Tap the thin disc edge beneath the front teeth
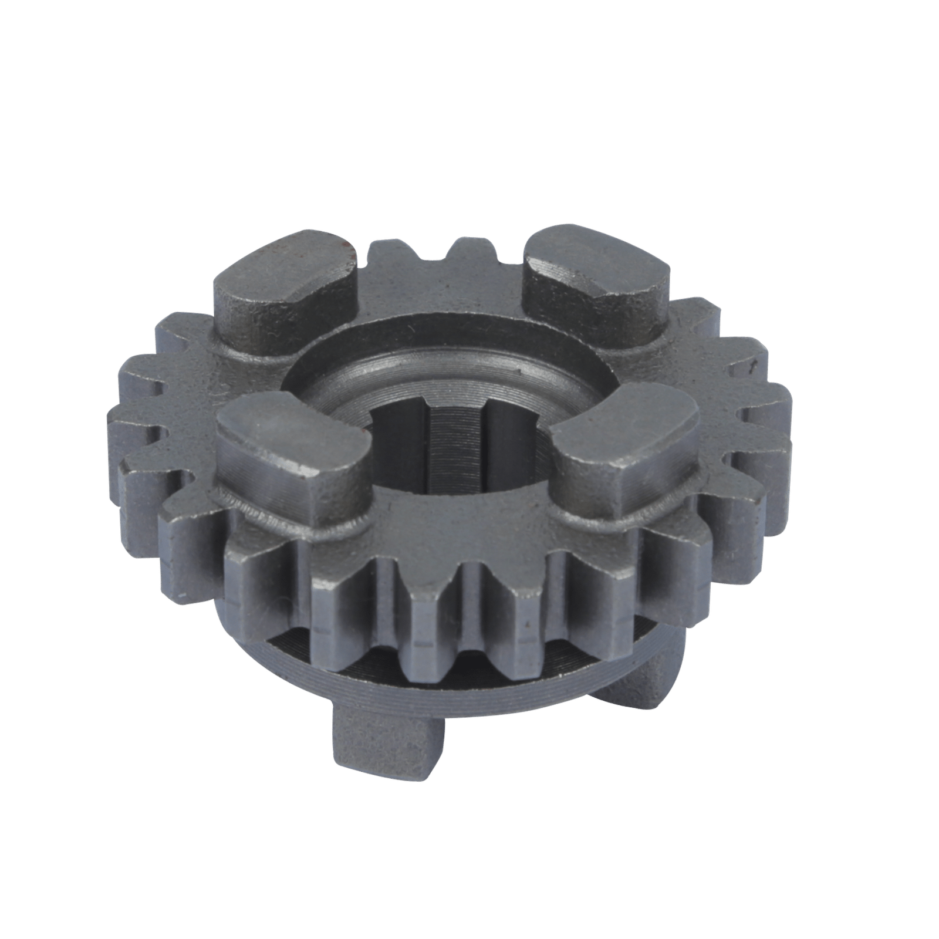tap(411, 687)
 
